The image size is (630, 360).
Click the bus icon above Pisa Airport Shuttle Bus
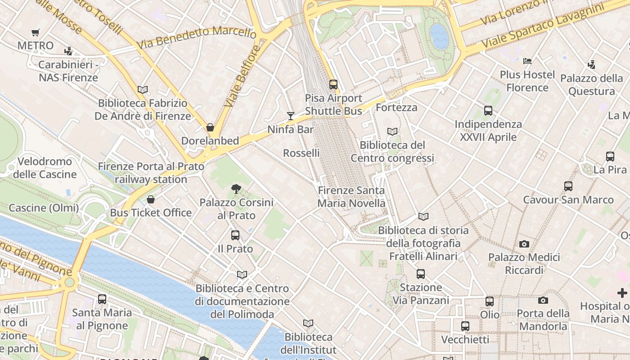coord(333,84)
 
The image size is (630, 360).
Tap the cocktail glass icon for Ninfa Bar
coord(291,116)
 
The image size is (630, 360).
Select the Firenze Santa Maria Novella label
coord(351,197)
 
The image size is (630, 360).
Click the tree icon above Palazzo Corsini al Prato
coord(235,189)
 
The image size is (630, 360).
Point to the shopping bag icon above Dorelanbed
coord(210,127)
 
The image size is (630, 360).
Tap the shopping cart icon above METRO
coord(36,32)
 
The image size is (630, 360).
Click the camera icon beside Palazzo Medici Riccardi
coord(524,244)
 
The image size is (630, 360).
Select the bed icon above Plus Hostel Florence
coord(527,61)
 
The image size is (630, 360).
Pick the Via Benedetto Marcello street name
coord(197,38)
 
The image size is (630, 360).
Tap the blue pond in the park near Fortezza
coord(439,36)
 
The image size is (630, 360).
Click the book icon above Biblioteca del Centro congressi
coord(392,131)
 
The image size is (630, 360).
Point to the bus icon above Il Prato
coord(235,235)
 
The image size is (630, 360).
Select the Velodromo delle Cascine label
coord(45,167)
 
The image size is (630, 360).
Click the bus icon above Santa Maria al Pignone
coord(102,299)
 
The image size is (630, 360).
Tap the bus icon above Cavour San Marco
coord(568,186)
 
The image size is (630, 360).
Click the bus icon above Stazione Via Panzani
coord(421,274)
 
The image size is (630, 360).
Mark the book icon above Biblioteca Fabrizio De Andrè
coord(143,90)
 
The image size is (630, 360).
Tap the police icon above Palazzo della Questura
coord(592,65)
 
